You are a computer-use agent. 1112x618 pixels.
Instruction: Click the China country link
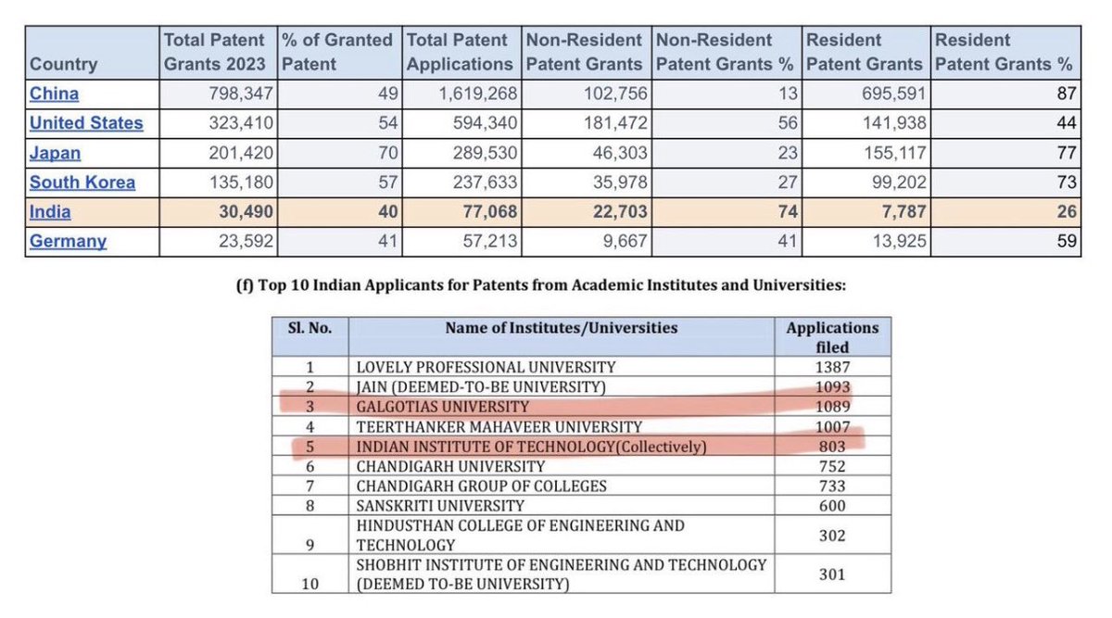(x=54, y=94)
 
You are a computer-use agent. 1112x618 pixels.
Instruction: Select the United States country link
(x=86, y=123)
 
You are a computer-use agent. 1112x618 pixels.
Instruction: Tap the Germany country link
(x=68, y=242)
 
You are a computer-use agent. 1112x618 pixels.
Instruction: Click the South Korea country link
(x=82, y=183)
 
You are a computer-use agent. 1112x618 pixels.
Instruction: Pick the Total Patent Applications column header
(x=459, y=53)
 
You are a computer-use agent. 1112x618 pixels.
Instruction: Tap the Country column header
(x=63, y=65)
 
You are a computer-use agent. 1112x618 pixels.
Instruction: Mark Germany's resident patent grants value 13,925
(x=891, y=242)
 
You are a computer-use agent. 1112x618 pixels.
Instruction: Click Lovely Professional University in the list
(x=486, y=367)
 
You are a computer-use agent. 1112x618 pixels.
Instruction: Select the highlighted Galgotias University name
(x=443, y=407)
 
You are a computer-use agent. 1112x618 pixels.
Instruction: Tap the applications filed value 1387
(x=831, y=367)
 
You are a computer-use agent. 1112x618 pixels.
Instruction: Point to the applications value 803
(x=831, y=447)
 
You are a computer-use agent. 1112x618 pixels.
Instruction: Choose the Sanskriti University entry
(x=440, y=506)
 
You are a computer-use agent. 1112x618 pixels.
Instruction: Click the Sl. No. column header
(x=310, y=328)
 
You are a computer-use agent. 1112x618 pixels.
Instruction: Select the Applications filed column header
(x=831, y=337)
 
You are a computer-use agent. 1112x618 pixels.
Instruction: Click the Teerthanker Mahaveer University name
(x=499, y=427)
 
